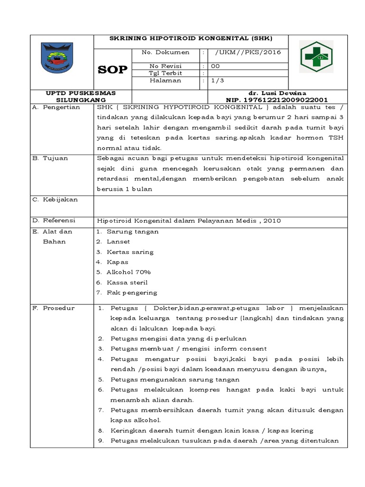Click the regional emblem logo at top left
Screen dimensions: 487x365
(x=58, y=57)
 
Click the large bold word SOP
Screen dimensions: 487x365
(x=113, y=70)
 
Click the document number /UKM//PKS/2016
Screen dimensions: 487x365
(x=247, y=52)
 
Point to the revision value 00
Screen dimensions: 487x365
(x=215, y=66)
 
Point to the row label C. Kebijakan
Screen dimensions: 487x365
(x=55, y=199)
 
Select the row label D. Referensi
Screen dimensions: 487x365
(x=54, y=220)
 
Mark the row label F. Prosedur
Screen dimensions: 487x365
(x=53, y=308)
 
